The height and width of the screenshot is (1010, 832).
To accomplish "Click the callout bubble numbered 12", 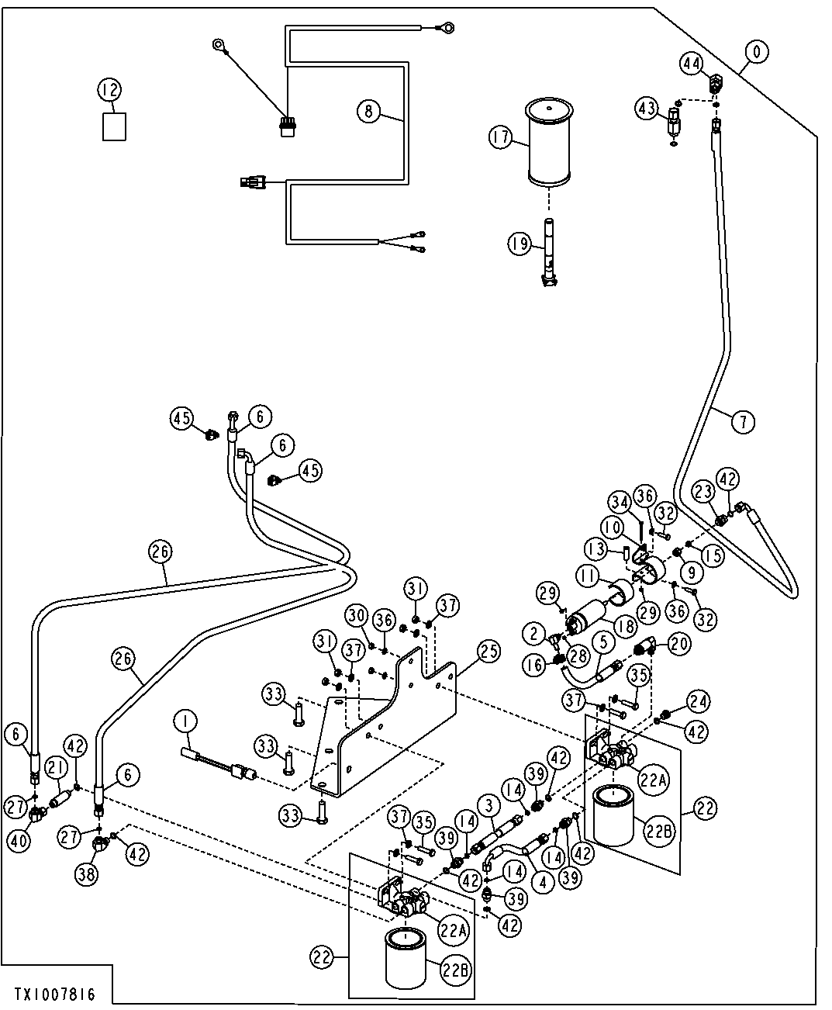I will pos(109,91).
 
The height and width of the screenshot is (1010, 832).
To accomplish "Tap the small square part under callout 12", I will pos(114,127).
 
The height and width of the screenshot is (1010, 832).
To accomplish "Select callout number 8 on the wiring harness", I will pos(368,111).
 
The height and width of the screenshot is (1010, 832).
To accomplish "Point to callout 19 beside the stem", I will pos(519,244).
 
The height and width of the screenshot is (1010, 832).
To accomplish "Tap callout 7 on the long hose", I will pos(742,422).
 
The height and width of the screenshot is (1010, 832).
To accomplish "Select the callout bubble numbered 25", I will pos(488,652).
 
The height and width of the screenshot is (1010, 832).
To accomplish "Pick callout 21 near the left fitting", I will pos(54,768).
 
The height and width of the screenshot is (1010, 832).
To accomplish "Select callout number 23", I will pos(703,490).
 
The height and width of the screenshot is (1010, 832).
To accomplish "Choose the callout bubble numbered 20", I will pos(679,642).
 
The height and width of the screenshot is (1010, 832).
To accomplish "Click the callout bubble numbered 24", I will pos(698,702).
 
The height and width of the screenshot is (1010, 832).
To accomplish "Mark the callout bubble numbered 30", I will pos(357,615).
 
